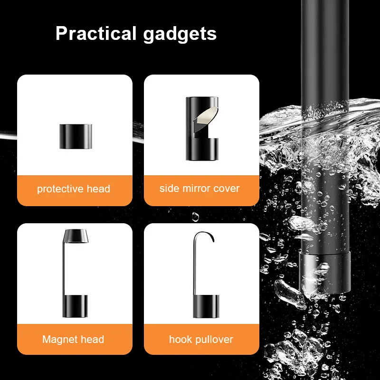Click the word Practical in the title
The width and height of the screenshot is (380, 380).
click(x=96, y=33)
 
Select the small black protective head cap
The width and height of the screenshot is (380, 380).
click(x=76, y=136)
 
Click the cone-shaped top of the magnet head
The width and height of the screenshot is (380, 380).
click(x=76, y=236)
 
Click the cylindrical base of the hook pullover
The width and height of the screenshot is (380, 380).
click(x=206, y=306)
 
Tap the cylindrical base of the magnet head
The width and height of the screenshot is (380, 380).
click(x=75, y=306)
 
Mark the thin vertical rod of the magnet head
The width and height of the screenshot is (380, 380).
click(x=64, y=268)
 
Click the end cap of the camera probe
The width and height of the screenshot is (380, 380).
click(x=325, y=272)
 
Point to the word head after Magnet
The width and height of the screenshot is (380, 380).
click(x=92, y=339)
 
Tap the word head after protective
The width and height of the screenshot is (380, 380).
click(x=98, y=189)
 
